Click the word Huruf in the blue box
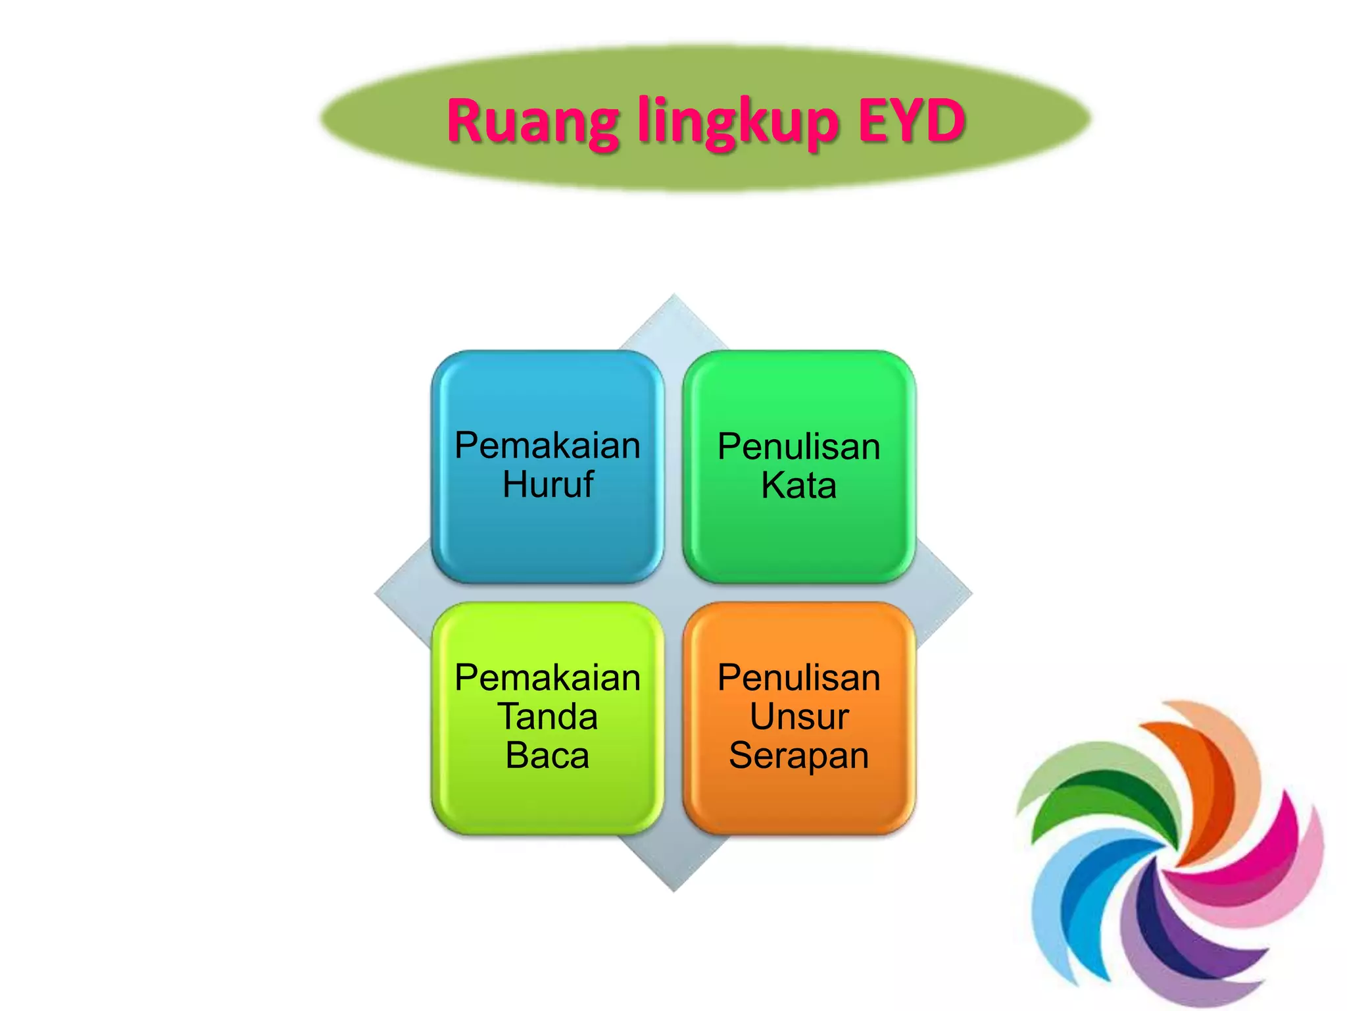tap(548, 484)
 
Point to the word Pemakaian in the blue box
tap(547, 446)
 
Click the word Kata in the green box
tap(798, 486)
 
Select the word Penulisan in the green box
tap(798, 447)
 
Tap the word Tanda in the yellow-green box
tap(547, 716)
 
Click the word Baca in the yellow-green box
tap(547, 755)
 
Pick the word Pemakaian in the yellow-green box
tap(547, 678)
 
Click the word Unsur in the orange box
tap(798, 716)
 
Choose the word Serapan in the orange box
tap(798, 756)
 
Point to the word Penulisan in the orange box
tap(798, 678)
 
